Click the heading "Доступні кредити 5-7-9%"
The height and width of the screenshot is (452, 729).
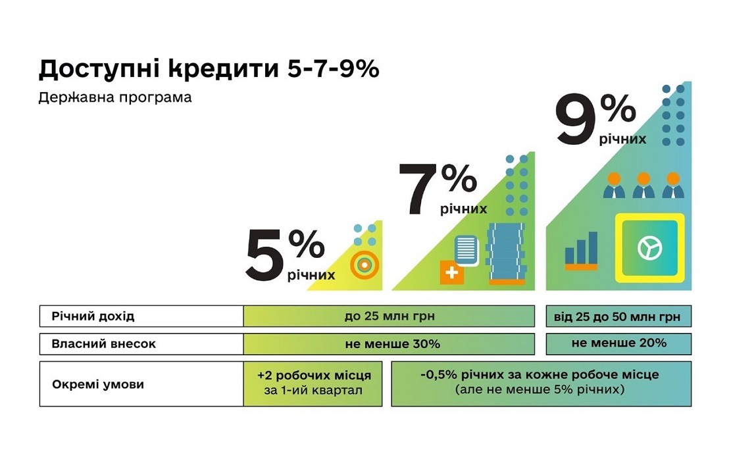click(209, 69)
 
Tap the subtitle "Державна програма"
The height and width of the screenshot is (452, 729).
click(115, 97)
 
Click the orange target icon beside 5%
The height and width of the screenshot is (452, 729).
click(364, 265)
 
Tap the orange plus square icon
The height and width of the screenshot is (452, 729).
click(452, 272)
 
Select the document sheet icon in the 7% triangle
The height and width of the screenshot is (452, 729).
click(466, 249)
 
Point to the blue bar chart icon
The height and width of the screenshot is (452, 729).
click(581, 250)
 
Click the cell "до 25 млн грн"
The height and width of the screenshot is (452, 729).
click(390, 316)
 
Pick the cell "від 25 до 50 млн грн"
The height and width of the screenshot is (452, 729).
click(618, 316)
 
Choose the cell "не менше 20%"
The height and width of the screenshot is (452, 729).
click(618, 343)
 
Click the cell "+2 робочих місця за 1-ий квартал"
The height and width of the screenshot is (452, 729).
click(313, 384)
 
